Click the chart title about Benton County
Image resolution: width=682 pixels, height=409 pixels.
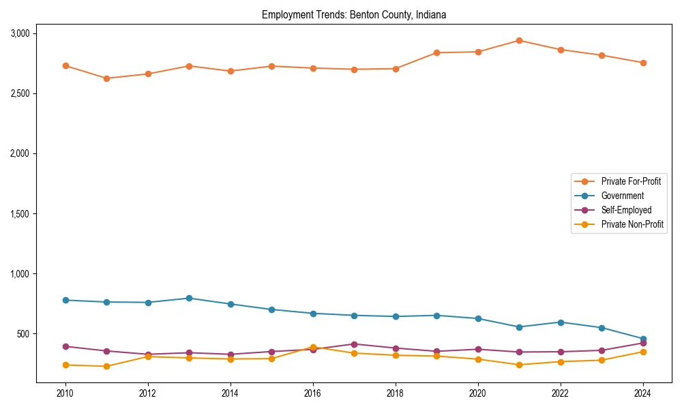[354, 15]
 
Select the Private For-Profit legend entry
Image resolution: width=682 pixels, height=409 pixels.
[626, 181]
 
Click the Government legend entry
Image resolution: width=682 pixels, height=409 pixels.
[622, 196]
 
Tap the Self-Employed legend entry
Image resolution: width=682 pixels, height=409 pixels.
[626, 210]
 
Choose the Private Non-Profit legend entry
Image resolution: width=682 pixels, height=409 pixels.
[632, 224]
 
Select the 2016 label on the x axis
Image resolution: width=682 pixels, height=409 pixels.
[312, 393]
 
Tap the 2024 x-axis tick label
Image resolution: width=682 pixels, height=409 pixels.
[642, 393]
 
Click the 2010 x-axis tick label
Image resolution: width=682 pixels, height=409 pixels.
[65, 393]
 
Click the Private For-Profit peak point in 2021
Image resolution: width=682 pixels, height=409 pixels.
[519, 40]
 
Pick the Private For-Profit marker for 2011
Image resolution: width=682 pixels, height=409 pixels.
[106, 78]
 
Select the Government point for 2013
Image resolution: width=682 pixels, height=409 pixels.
[189, 298]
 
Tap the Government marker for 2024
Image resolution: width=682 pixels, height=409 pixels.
[642, 339]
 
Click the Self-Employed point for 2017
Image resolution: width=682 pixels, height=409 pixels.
[354, 344]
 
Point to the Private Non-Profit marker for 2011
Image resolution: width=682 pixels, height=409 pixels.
[106, 366]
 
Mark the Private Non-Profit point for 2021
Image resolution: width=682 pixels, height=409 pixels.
[519, 365]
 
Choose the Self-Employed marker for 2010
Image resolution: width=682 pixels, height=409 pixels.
[65, 346]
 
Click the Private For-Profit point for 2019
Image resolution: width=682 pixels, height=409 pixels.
[436, 52]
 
